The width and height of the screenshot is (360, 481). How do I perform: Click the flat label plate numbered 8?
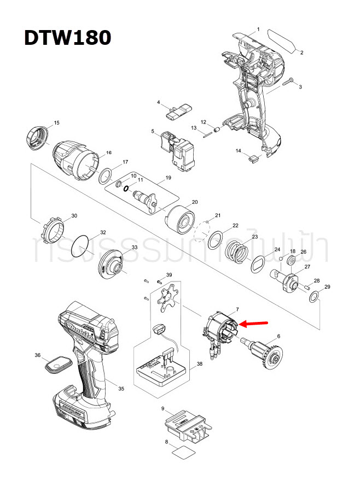[181, 452]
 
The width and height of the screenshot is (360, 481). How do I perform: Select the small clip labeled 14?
[253, 159]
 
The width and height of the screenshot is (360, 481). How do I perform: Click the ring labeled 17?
[106, 177]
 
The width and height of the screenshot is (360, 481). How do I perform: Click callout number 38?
[200, 364]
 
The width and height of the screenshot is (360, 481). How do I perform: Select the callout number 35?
[121, 389]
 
